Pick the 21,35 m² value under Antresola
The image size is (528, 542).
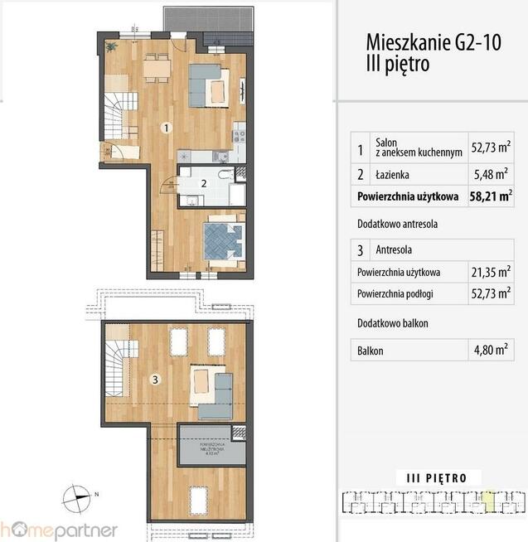(x=491, y=271)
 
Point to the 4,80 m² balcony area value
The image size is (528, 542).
(x=491, y=350)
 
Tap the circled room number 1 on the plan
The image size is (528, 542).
(x=167, y=128)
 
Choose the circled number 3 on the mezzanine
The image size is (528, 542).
(x=153, y=380)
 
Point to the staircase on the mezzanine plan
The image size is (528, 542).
(x=116, y=365)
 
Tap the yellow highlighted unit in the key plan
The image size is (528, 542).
(x=491, y=499)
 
